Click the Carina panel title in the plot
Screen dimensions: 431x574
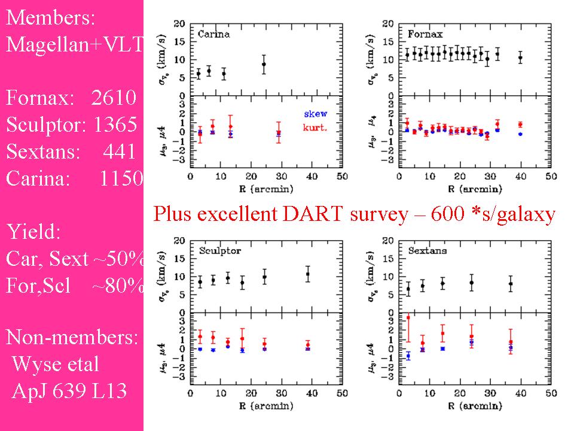click(x=213, y=34)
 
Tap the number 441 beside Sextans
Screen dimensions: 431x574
click(x=120, y=152)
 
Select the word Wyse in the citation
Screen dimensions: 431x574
click(x=35, y=364)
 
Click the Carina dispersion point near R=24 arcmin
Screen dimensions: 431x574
click(x=264, y=64)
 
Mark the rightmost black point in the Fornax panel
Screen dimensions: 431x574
click(x=520, y=58)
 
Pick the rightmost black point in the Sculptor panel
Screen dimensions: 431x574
click(x=308, y=275)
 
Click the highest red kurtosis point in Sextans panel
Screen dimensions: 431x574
click(x=408, y=318)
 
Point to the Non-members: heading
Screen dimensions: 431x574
click(x=72, y=338)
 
